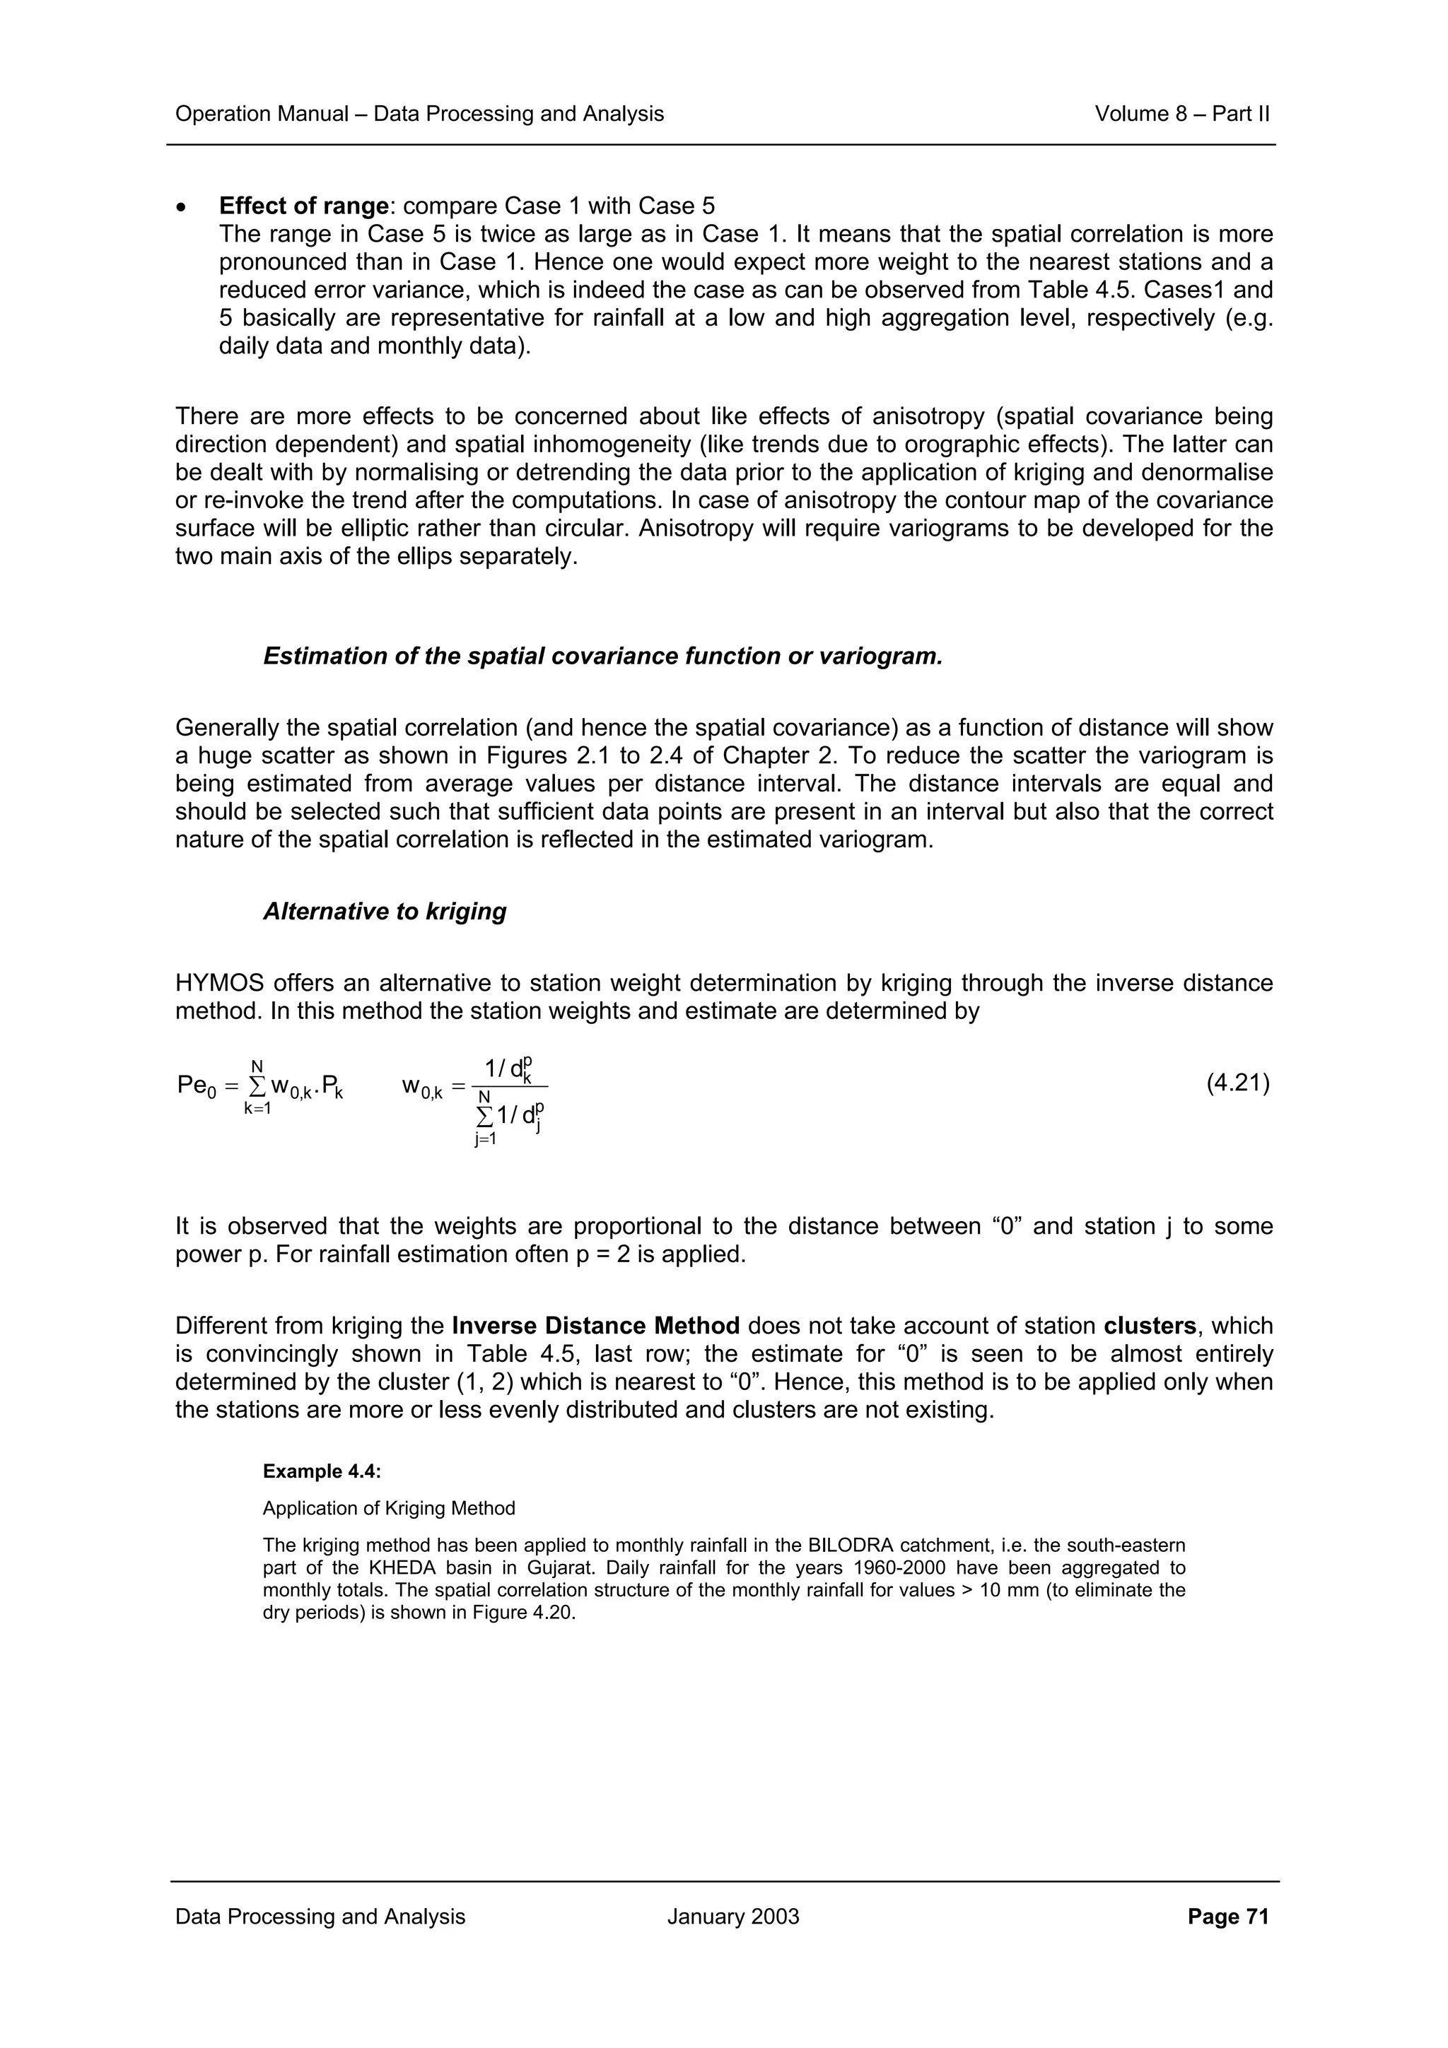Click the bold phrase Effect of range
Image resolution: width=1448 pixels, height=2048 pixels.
pos(303,206)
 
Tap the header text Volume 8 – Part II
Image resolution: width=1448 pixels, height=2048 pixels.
pos(1181,113)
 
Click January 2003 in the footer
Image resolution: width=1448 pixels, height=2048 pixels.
pos(732,1916)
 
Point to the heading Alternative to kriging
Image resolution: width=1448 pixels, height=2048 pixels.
pos(385,911)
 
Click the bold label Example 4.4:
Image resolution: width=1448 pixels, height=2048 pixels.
pos(321,1471)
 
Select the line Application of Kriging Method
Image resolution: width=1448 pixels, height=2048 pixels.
pos(388,1507)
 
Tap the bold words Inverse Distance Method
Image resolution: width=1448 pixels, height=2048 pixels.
pos(595,1326)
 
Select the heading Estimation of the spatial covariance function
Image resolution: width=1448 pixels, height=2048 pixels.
pos(602,656)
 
